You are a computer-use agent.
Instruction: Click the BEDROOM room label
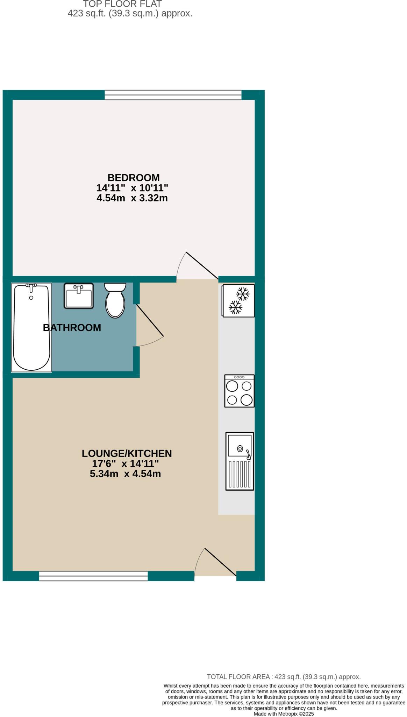[x=133, y=177]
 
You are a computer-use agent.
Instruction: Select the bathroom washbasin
[x=79, y=296]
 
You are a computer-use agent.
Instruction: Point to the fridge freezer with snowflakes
[x=238, y=300]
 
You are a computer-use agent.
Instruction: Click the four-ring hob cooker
[x=239, y=391]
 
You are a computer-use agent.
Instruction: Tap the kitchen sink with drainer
[x=240, y=461]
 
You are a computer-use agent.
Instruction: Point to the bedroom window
[x=173, y=95]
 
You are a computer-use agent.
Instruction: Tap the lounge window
[x=93, y=576]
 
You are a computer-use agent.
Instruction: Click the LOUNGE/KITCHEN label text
[x=127, y=453]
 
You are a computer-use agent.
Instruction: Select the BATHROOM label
[x=72, y=328]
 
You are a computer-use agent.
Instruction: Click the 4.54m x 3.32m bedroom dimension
[x=132, y=198]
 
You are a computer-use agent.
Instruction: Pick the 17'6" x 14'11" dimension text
[x=125, y=464]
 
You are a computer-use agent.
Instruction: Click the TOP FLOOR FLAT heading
[x=122, y=4]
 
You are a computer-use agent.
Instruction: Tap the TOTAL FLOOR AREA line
[x=284, y=677]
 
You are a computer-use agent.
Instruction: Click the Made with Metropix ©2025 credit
[x=284, y=714]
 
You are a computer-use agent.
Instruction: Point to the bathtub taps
[x=31, y=286]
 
